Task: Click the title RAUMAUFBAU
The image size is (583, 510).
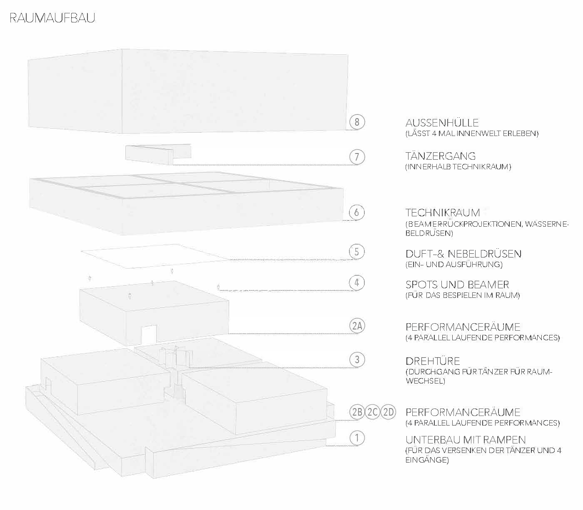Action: [52, 18]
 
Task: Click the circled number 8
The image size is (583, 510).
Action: [357, 122]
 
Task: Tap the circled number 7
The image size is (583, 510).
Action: [357, 157]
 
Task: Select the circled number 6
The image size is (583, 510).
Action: [357, 212]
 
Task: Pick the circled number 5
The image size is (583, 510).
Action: [357, 252]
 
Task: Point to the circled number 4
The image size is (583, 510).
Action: [357, 283]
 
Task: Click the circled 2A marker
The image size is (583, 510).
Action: [357, 326]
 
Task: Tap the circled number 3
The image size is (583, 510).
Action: [357, 359]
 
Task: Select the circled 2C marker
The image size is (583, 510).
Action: [372, 413]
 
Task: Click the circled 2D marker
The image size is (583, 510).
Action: [388, 413]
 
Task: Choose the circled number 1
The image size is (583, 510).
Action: [357, 438]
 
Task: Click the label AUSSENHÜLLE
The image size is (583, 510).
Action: [442, 123]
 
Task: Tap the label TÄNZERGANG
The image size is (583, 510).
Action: [440, 156]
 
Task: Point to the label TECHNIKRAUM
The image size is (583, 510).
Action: [443, 213]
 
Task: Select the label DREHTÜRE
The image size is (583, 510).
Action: [433, 361]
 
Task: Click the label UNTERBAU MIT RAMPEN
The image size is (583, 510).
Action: [466, 440]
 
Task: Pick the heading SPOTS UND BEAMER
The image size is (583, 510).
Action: [457, 285]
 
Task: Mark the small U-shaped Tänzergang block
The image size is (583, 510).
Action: [158, 154]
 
